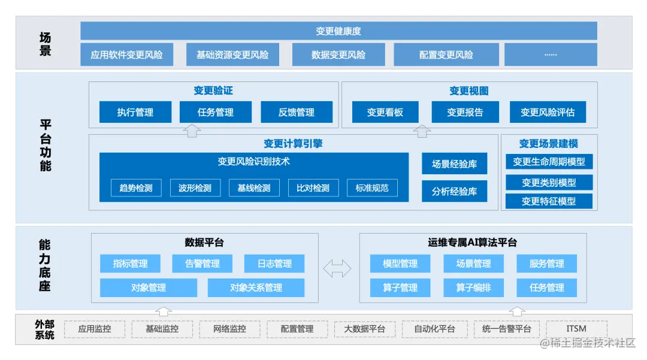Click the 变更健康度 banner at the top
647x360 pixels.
click(338, 31)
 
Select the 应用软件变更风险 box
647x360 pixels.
click(126, 55)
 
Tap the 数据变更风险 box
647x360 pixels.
click(338, 55)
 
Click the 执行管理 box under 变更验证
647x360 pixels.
click(135, 112)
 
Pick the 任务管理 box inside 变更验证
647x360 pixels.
click(215, 112)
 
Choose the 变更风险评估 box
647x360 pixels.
click(548, 112)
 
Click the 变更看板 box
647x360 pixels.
click(385, 112)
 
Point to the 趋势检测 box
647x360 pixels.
click(136, 187)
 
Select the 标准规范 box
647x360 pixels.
click(372, 187)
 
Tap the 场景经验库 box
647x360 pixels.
click(454, 164)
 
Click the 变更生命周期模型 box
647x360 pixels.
click(549, 162)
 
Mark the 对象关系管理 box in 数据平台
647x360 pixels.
click(256, 288)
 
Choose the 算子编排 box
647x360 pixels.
click(473, 288)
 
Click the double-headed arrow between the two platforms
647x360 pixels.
click(337, 268)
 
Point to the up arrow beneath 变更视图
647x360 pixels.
click(423, 131)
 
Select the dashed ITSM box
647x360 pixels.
click(576, 329)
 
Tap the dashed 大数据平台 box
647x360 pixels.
click(364, 329)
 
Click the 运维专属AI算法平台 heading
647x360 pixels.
click(472, 243)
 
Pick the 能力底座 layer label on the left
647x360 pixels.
click(45, 265)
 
